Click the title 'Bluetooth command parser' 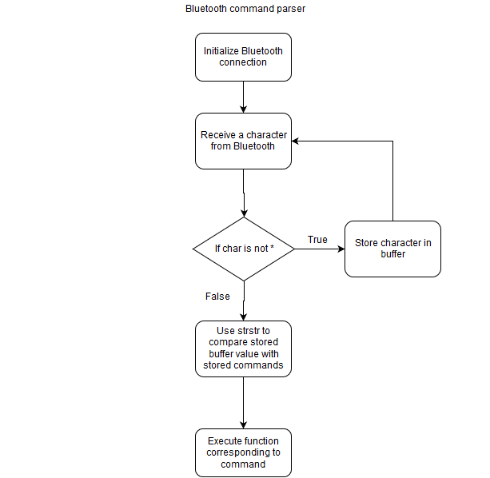tap(245, 9)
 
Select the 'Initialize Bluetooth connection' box tap(244, 58)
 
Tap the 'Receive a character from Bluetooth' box tap(244, 141)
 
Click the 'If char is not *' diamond tap(244, 249)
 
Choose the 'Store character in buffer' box tap(392, 249)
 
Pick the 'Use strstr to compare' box tap(244, 349)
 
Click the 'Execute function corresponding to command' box tap(244, 452)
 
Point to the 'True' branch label tap(317, 240)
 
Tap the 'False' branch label tap(217, 297)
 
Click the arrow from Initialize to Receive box tap(244, 98)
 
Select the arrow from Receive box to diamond tap(244, 193)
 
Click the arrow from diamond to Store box tap(320, 249)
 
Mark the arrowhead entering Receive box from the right tap(295, 141)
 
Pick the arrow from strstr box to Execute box tap(244, 403)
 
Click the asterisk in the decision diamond tap(273, 247)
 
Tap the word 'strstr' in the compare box tap(249, 331)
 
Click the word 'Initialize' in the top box tap(221, 51)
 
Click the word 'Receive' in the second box tap(217, 135)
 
